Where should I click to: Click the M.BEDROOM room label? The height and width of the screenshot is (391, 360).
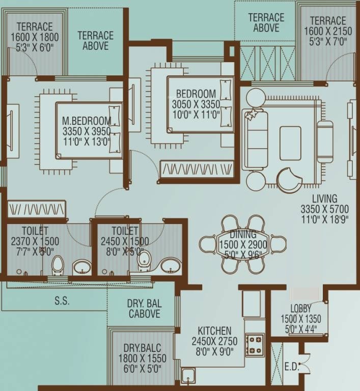86,121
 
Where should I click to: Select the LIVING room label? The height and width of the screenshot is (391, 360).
325,199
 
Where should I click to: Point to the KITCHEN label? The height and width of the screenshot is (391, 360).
211,331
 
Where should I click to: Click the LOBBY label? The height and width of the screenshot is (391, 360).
300,309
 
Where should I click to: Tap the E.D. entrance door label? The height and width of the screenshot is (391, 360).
293,366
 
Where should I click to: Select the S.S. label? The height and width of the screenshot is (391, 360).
62,301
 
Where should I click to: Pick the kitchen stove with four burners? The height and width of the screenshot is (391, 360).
255,345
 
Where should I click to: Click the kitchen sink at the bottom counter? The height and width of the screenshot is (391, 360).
188,376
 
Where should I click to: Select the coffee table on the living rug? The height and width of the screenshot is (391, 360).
290,136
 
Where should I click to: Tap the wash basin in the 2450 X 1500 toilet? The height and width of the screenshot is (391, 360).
170,265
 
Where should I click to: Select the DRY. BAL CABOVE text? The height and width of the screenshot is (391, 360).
144,309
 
